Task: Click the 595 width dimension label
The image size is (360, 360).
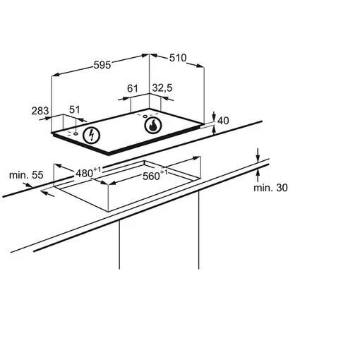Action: [102, 65]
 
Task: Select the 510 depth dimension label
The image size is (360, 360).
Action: [178, 58]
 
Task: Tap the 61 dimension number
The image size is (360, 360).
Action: [133, 88]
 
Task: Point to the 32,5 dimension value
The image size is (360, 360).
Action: [162, 88]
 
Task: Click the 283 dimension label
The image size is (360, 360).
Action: [40, 111]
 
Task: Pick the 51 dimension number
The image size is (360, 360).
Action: [75, 109]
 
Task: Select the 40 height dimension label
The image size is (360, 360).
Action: [223, 121]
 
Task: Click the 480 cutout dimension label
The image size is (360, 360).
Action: [88, 172]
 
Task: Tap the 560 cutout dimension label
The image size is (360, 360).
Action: [155, 175]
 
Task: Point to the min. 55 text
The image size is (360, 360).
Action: [26, 175]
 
